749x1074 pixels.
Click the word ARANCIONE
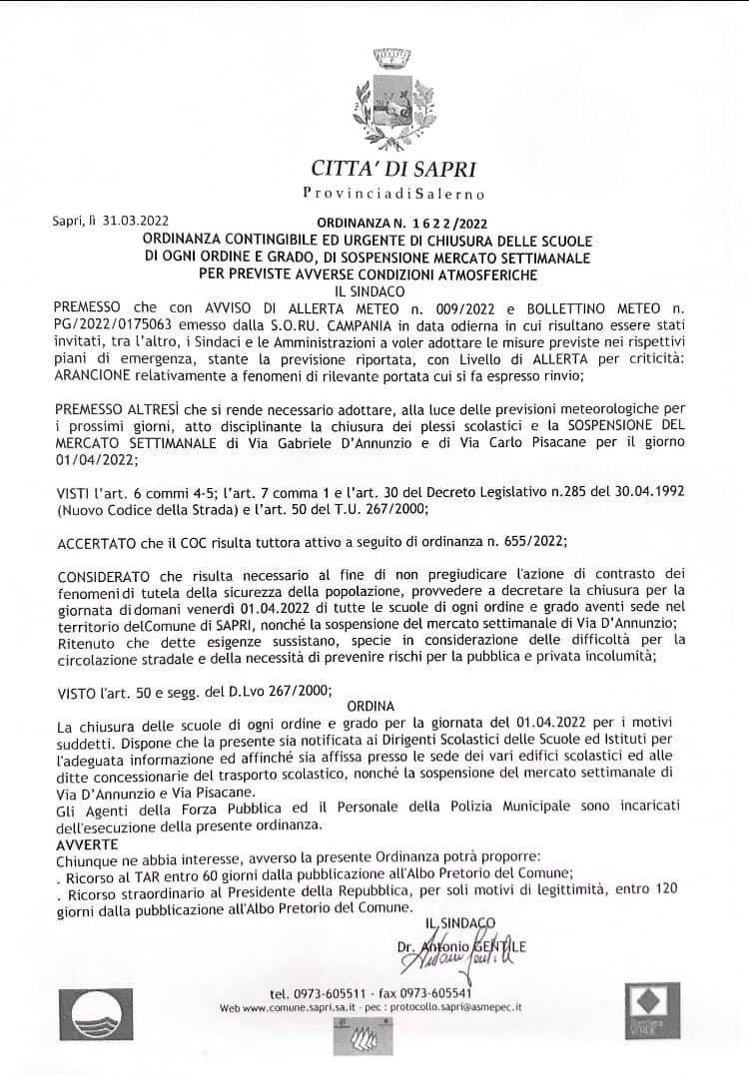pos(91,350)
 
